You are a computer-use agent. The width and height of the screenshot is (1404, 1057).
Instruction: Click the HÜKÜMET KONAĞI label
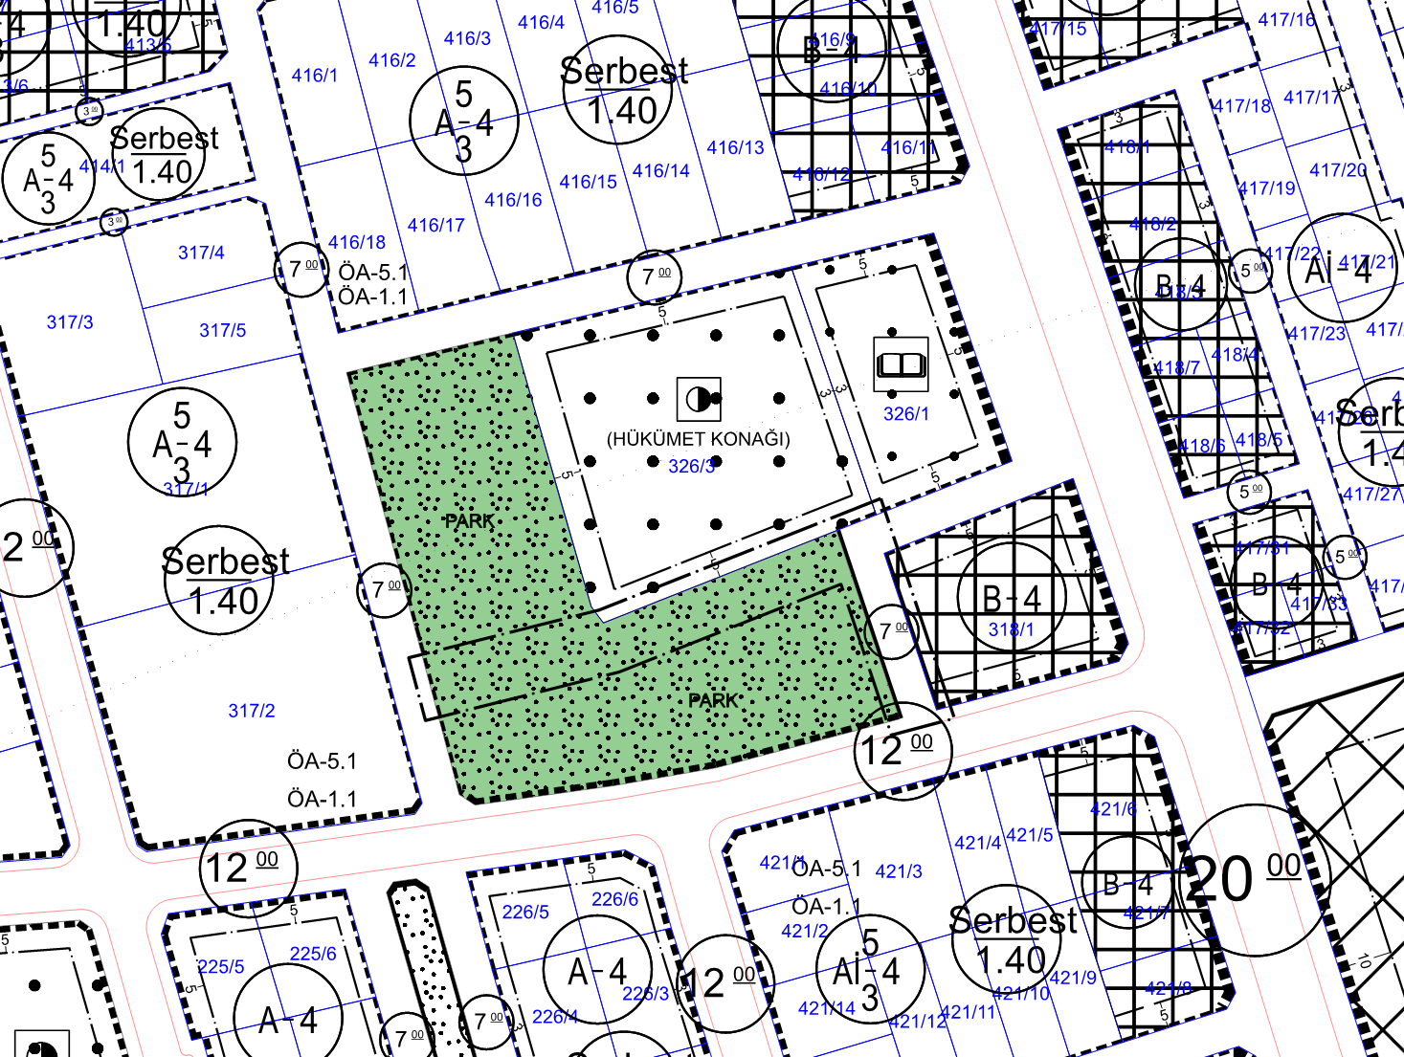pos(699,439)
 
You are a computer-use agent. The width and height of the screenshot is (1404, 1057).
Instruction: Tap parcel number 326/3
pos(691,466)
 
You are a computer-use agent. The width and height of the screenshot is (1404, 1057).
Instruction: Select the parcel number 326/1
pos(905,413)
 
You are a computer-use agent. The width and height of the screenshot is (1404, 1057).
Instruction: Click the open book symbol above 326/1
pos(901,364)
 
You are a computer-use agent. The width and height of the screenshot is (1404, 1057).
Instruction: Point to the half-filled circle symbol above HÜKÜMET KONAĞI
pos(699,398)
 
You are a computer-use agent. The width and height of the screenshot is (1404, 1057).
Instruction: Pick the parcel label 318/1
pos(1011,628)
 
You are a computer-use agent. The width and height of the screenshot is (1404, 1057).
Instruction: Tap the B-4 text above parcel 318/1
pos(1012,598)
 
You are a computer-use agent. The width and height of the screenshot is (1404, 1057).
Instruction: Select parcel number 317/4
pos(201,253)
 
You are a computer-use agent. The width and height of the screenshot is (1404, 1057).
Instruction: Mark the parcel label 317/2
pos(252,710)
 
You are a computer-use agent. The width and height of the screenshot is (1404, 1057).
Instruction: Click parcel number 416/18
pos(357,242)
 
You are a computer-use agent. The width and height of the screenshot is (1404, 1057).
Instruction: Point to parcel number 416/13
pos(735,147)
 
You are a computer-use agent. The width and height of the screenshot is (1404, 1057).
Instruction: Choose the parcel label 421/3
pos(898,870)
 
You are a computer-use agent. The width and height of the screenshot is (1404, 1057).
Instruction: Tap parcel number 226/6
pos(614,898)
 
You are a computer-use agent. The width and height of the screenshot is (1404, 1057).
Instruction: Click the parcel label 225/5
pos(221,966)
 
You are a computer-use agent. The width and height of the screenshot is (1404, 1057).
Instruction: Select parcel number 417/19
pos(1266,187)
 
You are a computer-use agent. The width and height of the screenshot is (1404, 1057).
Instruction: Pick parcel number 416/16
pos(513,199)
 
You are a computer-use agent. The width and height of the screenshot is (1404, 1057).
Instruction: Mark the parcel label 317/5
pos(222,330)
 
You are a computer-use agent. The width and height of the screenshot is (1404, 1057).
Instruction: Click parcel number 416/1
pos(314,75)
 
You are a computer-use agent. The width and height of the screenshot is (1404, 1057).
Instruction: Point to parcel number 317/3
pos(70,322)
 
